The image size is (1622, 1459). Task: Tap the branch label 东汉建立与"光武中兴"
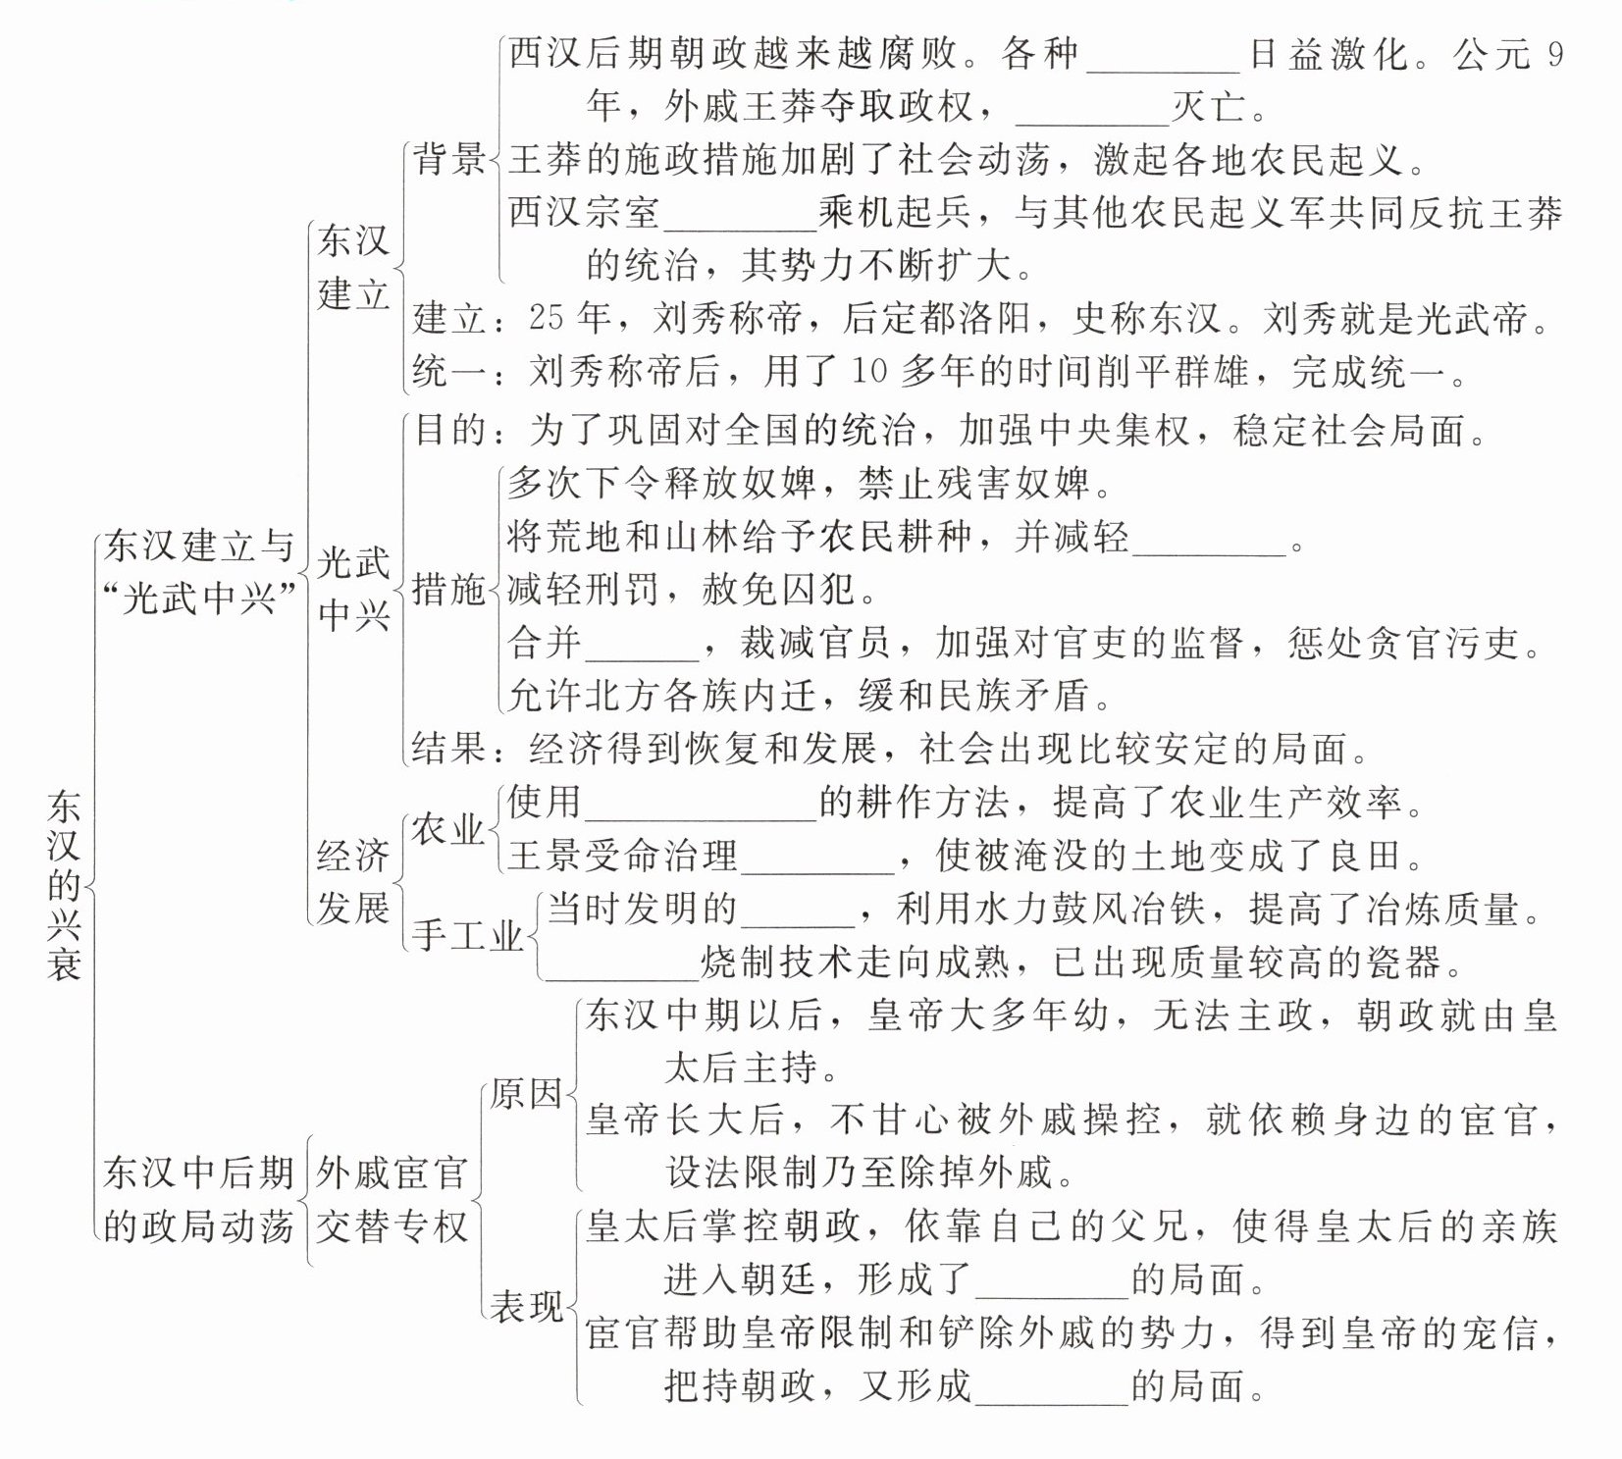coord(199,571)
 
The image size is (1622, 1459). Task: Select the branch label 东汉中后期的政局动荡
coord(199,1199)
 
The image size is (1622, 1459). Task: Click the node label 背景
coord(449,159)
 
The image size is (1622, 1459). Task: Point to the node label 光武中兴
coord(353,589)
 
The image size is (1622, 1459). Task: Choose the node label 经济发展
coord(353,882)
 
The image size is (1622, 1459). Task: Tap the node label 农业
coord(447,830)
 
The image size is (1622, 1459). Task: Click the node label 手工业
coord(467,935)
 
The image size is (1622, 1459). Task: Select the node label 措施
coord(448,590)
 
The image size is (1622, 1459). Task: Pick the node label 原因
coord(527,1093)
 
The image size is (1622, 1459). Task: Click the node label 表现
coord(527,1306)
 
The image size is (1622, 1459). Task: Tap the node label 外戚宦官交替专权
coord(392,1199)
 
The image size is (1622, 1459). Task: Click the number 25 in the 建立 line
coord(546,318)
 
